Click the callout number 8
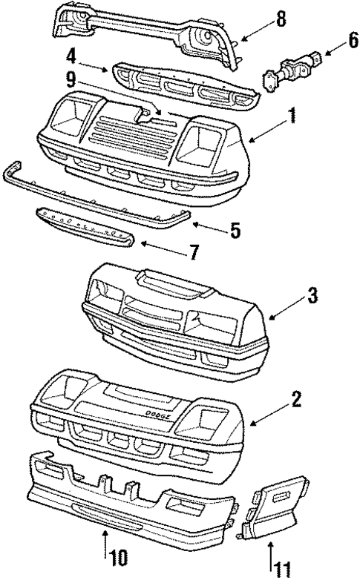(x=280, y=20)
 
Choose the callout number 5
(x=235, y=231)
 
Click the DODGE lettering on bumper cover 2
(x=158, y=418)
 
